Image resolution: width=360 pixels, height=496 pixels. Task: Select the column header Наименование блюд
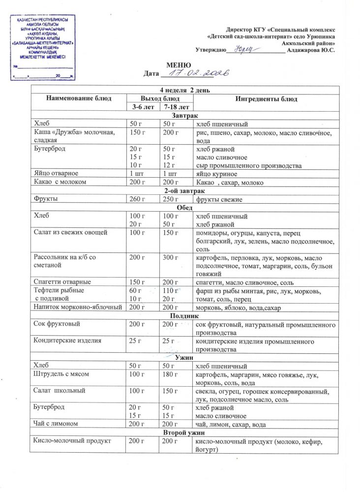(x=79, y=99)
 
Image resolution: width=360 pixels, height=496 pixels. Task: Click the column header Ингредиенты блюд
(x=266, y=99)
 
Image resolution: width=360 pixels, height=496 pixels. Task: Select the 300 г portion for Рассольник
(x=170, y=258)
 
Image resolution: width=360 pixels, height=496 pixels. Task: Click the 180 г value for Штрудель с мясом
(x=170, y=374)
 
